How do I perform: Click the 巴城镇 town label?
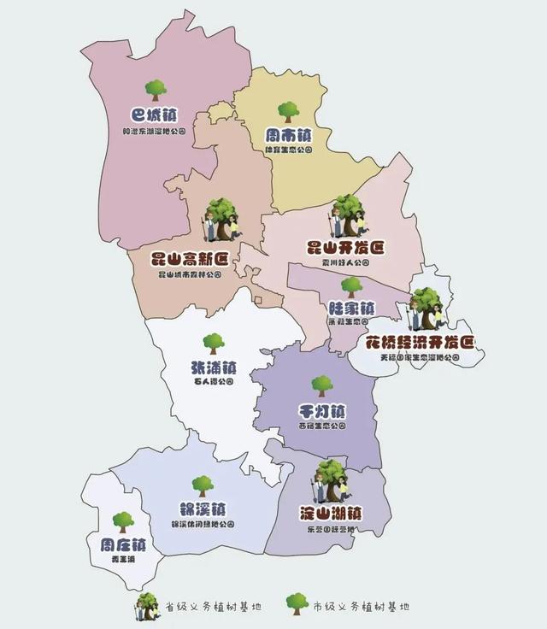click(x=155, y=115)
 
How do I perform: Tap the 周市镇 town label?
click(x=288, y=135)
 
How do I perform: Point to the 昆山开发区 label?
click(x=345, y=248)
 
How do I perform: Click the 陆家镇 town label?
click(x=351, y=308)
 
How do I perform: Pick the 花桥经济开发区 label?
click(x=420, y=342)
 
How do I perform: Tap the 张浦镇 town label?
click(x=214, y=367)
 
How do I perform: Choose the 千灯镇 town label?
click(x=321, y=409)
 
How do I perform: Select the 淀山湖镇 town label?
click(x=330, y=514)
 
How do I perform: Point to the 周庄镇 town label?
click(x=123, y=544)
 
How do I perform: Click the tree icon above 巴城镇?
click(x=156, y=89)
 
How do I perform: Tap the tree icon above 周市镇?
click(x=288, y=110)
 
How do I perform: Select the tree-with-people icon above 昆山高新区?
click(x=221, y=220)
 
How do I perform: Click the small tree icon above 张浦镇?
click(x=214, y=343)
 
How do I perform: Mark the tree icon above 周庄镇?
click(x=123, y=520)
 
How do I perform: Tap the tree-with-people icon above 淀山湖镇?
click(x=329, y=482)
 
